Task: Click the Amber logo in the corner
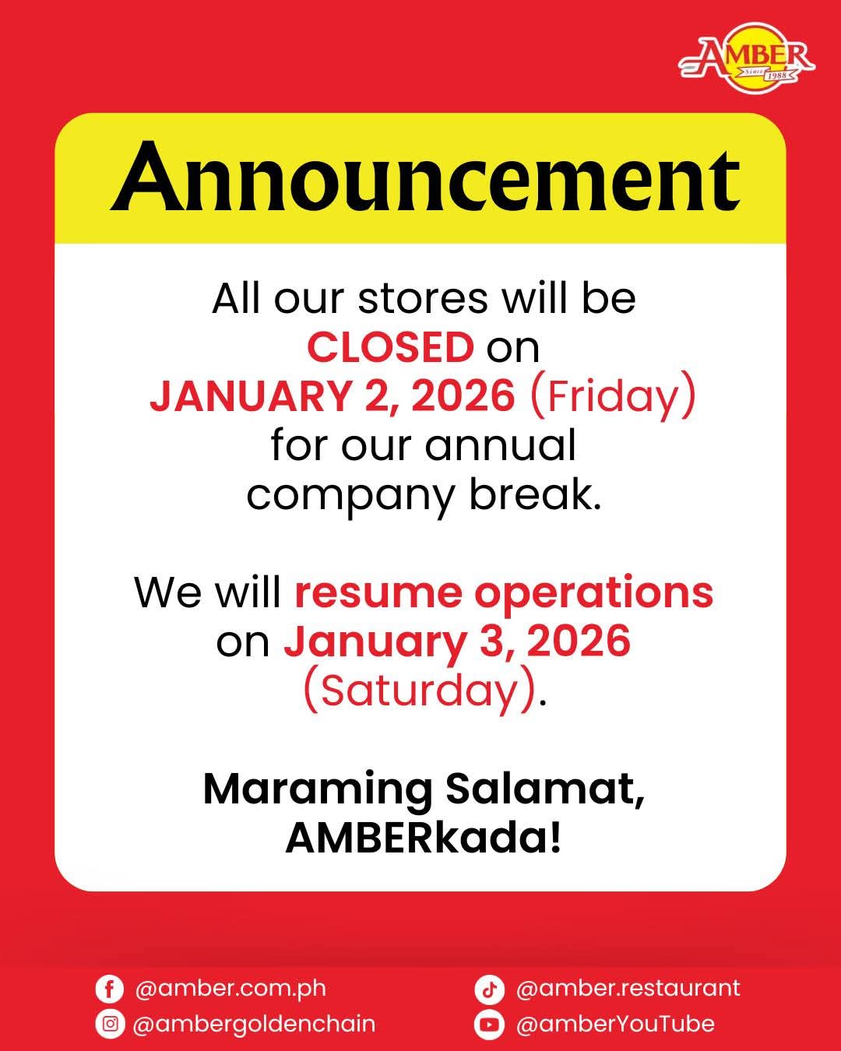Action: (746, 58)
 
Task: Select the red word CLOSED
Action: (390, 347)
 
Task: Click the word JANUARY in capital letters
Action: (250, 396)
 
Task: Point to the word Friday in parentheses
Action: (613, 396)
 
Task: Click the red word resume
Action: (378, 593)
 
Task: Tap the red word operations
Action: (593, 594)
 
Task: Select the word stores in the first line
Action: (423, 298)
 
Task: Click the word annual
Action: (501, 445)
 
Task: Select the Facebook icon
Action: (110, 989)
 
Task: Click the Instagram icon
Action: (111, 1024)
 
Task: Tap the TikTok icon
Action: (489, 989)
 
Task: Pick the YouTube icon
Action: (489, 1024)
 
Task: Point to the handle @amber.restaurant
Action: (628, 989)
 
